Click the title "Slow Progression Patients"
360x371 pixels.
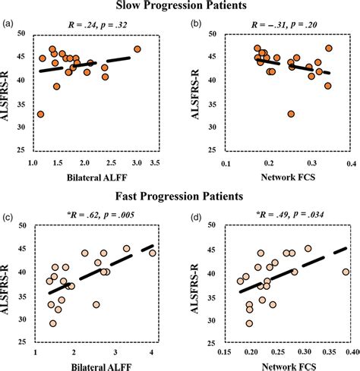(x=179, y=7)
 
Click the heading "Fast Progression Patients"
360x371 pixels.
(x=179, y=197)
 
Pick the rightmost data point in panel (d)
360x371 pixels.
(x=346, y=272)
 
